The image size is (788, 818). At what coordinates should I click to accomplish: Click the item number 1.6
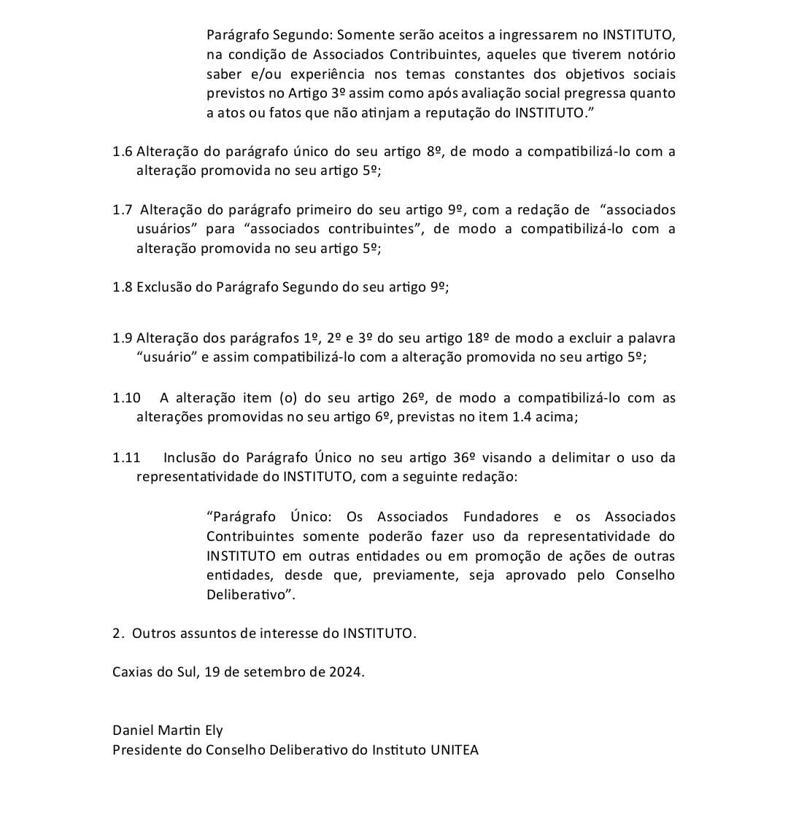pos(123,152)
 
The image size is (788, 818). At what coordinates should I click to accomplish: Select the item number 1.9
pos(123,338)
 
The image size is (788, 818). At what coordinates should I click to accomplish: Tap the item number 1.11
pos(126,458)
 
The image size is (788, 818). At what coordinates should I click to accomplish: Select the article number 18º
pos(477,338)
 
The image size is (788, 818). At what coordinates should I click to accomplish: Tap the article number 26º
pos(413,398)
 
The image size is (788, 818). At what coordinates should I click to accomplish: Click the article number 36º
pos(464,458)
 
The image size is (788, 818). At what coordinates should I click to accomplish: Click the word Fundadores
pos(501,517)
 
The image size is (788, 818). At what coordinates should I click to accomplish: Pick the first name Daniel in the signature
pos(132,730)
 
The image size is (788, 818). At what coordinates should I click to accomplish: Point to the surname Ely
pos(212,731)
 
